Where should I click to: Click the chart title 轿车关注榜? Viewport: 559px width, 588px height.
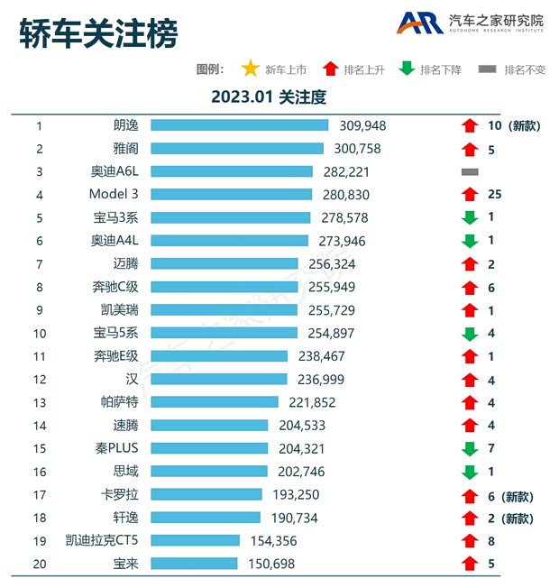click(99, 33)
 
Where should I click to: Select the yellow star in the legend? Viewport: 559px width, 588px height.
click(250, 69)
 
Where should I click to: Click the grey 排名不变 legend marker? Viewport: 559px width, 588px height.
click(487, 69)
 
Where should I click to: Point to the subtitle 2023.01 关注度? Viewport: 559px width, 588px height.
click(268, 96)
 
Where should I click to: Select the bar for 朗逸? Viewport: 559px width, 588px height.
click(240, 125)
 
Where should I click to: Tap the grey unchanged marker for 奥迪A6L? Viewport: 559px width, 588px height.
click(469, 171)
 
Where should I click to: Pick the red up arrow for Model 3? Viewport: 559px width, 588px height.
click(469, 194)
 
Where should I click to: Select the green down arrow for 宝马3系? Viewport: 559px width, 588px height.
click(469, 217)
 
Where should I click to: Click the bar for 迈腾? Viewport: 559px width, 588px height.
click(225, 263)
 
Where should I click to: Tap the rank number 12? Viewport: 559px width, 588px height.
click(39, 380)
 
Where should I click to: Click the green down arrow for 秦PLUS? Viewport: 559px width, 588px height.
click(469, 448)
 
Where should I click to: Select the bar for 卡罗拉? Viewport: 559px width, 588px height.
click(206, 494)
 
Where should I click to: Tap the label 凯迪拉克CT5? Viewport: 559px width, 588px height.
click(102, 540)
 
